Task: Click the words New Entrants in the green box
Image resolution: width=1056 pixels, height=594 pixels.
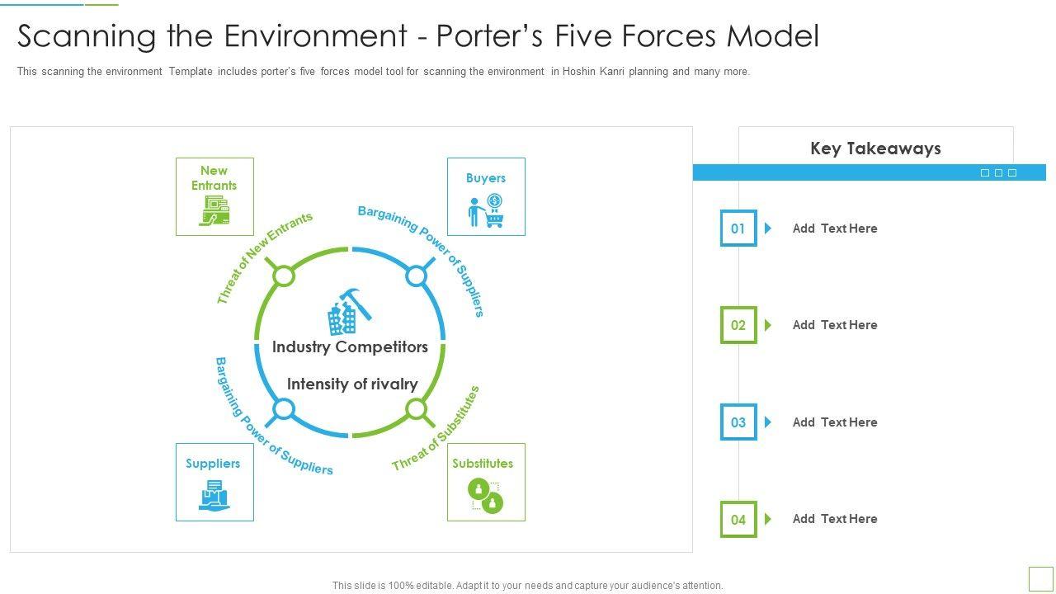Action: (214, 178)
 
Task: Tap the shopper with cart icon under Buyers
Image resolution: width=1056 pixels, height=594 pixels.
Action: (486, 211)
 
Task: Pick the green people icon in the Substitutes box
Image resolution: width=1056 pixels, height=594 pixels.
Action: (486, 495)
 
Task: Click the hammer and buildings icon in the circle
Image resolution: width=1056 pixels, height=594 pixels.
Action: (350, 310)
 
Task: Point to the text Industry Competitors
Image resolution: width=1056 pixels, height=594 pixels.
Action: (350, 347)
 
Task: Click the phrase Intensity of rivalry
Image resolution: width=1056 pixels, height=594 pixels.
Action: (352, 384)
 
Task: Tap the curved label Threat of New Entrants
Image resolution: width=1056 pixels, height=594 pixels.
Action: (263, 257)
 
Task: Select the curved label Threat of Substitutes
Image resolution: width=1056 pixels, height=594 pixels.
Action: (436, 430)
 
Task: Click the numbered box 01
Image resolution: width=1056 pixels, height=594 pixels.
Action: (738, 229)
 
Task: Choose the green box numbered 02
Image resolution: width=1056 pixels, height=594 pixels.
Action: (738, 325)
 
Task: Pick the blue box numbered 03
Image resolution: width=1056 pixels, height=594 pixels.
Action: (738, 422)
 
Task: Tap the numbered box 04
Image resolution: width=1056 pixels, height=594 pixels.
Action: (738, 520)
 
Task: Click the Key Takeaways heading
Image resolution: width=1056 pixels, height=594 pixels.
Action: (875, 148)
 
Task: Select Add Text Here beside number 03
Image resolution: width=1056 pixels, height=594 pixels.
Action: (835, 422)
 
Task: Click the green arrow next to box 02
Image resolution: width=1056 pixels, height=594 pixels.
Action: (768, 325)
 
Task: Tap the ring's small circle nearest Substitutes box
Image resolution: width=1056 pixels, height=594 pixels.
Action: (417, 409)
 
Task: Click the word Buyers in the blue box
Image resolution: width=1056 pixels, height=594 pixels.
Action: (486, 178)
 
